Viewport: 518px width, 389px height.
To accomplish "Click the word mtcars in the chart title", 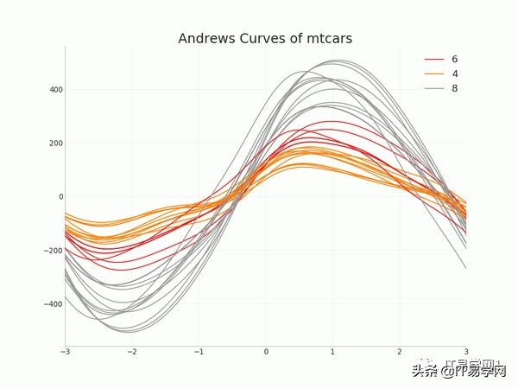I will tap(325, 39).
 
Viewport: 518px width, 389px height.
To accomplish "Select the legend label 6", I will tap(455, 59).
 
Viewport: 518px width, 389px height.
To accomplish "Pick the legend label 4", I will tap(455, 73).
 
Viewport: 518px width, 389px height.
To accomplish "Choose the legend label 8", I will tap(455, 88).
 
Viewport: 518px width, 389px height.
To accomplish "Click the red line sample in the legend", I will tap(434, 59).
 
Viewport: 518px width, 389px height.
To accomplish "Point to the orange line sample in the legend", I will tap(434, 73).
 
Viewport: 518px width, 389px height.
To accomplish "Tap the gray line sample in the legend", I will tap(434, 88).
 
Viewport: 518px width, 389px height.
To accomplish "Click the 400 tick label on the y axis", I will tap(54, 89).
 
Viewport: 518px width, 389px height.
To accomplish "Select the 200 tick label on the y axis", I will tap(54, 143).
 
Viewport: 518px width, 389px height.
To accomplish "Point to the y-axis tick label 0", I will tap(60, 196).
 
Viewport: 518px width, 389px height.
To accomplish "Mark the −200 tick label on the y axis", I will tap(53, 251).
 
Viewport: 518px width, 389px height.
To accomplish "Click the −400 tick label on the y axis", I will tap(53, 304).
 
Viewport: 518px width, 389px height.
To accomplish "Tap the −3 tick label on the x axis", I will tap(65, 352).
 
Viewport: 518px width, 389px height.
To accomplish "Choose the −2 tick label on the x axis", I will tap(131, 352).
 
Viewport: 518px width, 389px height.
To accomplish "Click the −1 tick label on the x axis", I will tap(199, 352).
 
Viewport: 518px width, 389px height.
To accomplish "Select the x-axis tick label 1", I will tap(333, 352).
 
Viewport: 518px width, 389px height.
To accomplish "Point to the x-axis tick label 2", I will tap(400, 352).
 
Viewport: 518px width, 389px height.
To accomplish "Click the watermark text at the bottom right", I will tap(458, 371).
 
